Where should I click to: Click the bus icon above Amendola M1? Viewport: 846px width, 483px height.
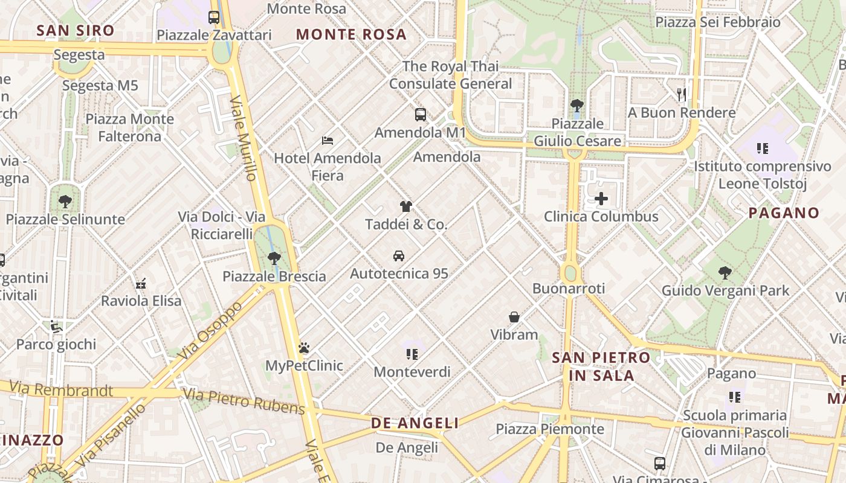click(421, 114)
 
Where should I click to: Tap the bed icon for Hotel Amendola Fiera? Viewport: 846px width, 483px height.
click(328, 141)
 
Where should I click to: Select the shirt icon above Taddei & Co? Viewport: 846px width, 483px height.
click(406, 206)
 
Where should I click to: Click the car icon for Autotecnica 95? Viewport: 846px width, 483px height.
click(399, 256)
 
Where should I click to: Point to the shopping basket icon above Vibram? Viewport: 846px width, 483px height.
click(514, 317)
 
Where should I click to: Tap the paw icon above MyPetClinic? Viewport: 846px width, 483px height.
click(304, 348)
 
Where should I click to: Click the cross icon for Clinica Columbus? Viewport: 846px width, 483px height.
click(601, 199)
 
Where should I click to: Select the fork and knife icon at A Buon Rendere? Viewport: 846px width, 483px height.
click(682, 94)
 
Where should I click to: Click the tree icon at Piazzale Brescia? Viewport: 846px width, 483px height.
click(274, 258)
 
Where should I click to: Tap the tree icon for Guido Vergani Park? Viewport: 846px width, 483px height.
click(725, 273)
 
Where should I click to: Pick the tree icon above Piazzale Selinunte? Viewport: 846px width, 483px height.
click(65, 202)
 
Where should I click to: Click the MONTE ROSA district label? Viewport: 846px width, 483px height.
click(351, 34)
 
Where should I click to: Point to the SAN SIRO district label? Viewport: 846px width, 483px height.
click(76, 30)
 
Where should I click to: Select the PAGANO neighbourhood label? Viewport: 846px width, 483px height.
click(784, 213)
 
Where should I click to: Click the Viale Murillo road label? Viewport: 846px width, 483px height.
click(244, 138)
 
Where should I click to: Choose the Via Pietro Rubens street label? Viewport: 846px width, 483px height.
click(244, 402)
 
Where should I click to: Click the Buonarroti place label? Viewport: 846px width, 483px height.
click(569, 289)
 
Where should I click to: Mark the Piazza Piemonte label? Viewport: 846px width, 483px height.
click(550, 429)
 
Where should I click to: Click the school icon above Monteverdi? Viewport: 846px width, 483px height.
click(412, 354)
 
